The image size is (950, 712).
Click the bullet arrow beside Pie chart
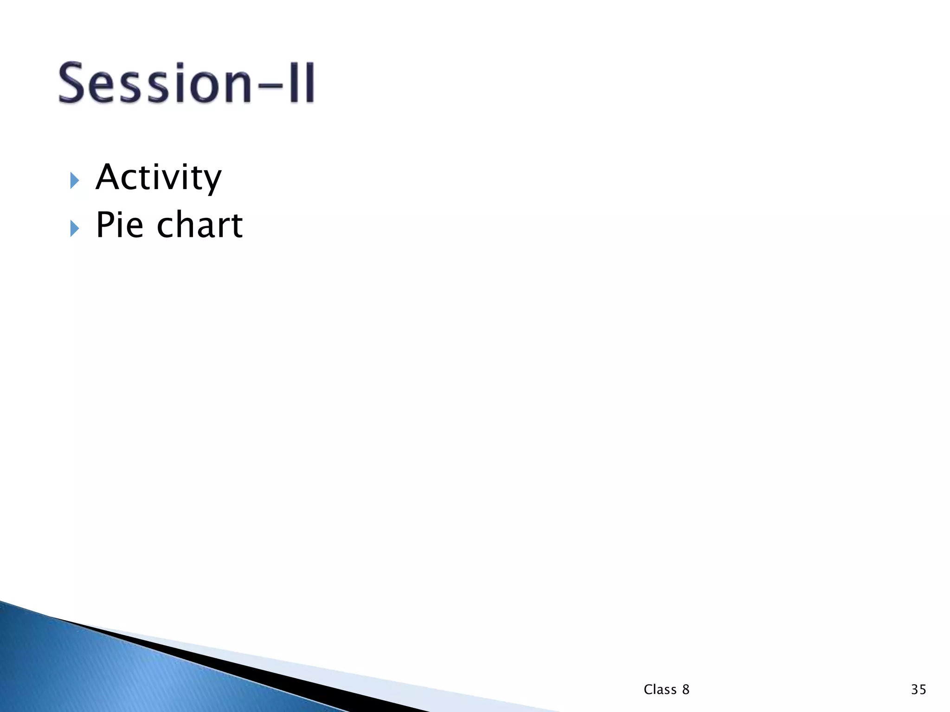pos(74,228)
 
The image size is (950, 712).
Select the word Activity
pos(159,178)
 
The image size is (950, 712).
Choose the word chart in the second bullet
pos(199,225)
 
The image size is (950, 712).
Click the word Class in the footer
pos(660,690)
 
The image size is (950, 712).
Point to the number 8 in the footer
pos(686,690)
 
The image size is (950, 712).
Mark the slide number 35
pos(918,690)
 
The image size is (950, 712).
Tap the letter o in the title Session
pos(204,86)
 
